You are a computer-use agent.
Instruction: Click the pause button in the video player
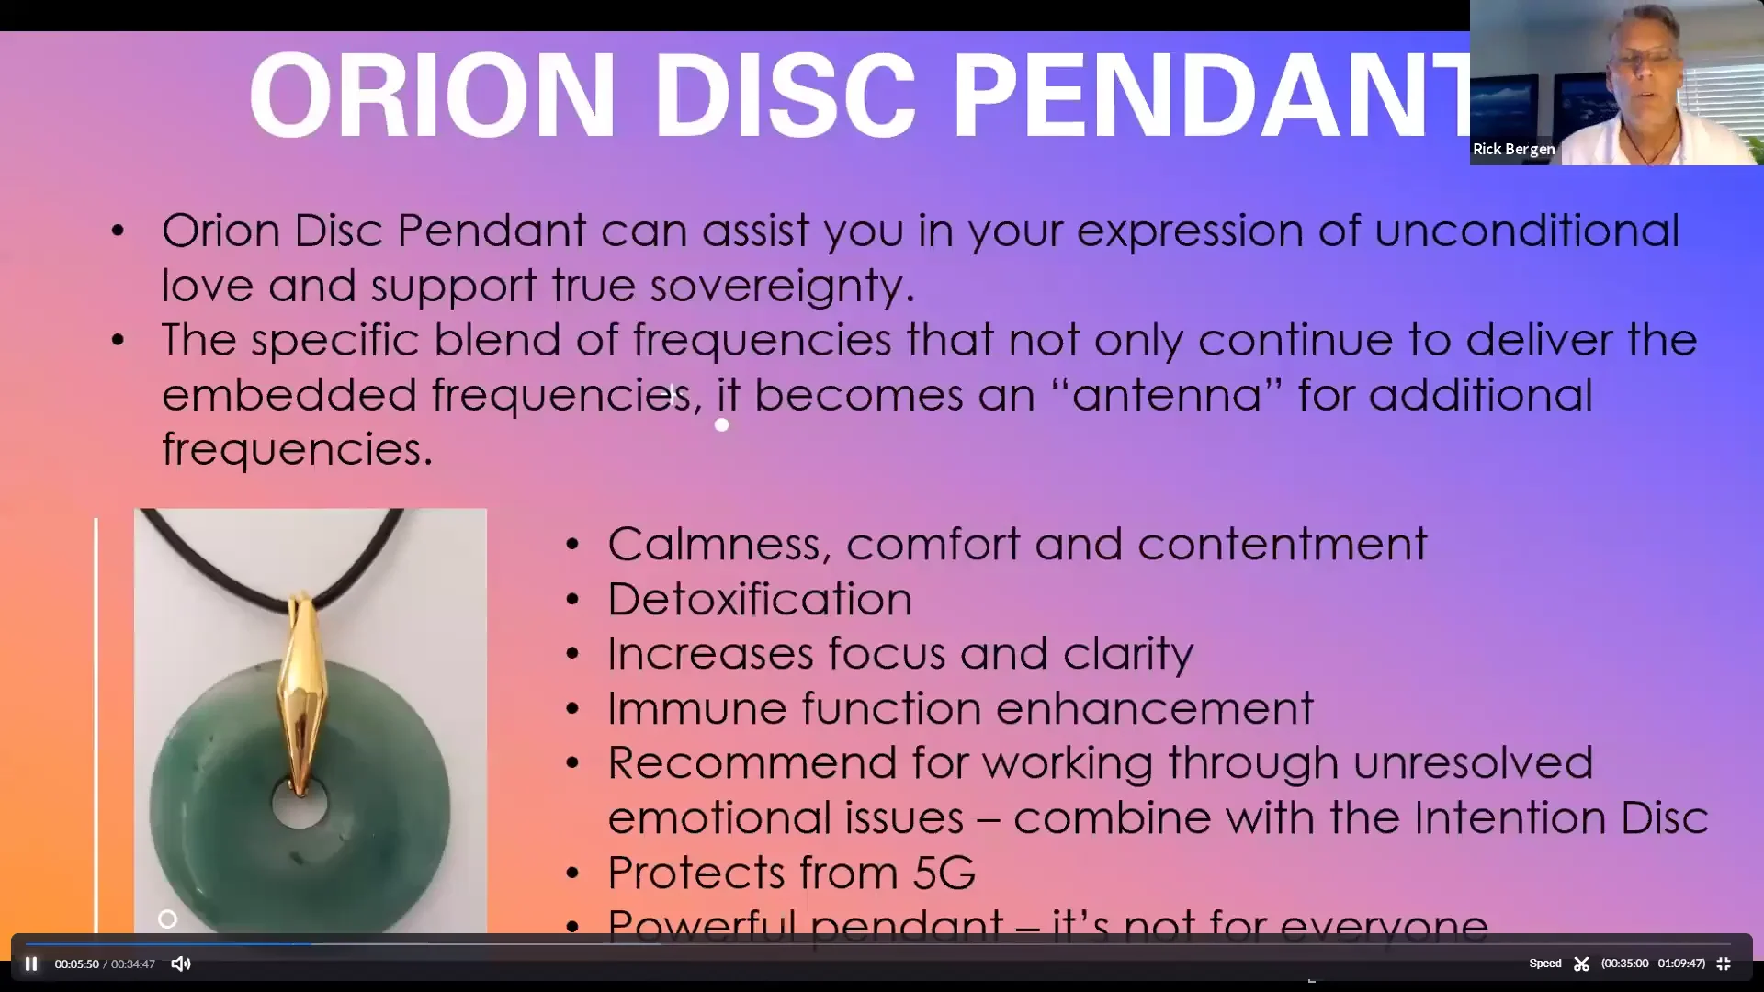(31, 964)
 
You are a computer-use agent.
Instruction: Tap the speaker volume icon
(181, 964)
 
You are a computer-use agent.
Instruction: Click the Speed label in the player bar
(1544, 964)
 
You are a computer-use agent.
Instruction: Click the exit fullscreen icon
(1724, 964)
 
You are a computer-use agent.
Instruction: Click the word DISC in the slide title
(786, 96)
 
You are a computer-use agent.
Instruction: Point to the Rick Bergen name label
(1513, 149)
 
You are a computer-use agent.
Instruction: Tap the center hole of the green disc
(300, 804)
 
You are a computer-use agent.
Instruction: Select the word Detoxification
(760, 599)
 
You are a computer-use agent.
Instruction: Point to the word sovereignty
(783, 286)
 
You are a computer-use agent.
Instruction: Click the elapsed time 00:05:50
(76, 964)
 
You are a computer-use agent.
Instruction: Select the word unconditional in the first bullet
(1527, 230)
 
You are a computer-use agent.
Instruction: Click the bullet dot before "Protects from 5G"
(573, 873)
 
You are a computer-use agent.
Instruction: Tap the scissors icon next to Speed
(1581, 964)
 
